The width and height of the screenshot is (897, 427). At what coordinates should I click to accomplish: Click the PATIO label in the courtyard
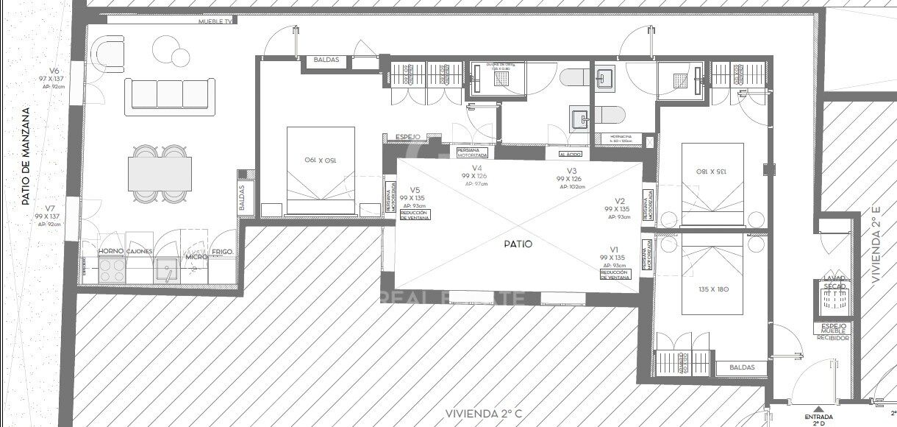[518, 244]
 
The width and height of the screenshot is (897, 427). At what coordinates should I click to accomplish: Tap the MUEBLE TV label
[216, 22]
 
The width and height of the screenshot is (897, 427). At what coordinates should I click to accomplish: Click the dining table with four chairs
[160, 174]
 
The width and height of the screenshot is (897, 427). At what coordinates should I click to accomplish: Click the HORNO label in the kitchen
[110, 251]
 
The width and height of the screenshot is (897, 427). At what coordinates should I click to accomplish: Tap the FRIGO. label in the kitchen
[222, 252]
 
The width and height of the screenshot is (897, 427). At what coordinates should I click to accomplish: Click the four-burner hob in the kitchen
[111, 271]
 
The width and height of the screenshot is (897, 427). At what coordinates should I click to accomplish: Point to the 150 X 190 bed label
[321, 160]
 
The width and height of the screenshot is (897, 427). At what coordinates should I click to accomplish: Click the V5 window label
[414, 189]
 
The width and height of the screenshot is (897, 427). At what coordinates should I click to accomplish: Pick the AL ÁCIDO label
[570, 155]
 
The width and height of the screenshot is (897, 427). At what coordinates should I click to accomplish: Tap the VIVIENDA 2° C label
[483, 414]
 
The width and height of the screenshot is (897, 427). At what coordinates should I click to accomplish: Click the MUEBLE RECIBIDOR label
[833, 334]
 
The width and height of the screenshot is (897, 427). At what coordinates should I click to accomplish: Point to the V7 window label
[49, 208]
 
